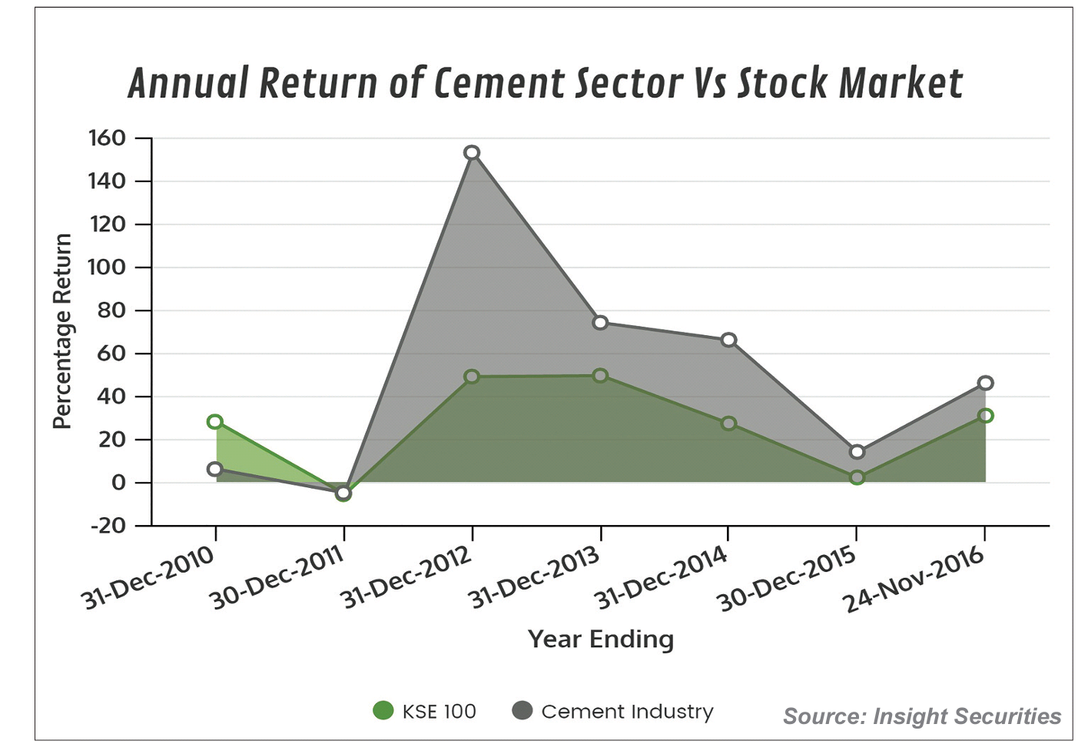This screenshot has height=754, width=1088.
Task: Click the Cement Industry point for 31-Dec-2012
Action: click(x=472, y=153)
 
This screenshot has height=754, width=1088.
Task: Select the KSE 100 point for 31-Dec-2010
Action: click(x=215, y=422)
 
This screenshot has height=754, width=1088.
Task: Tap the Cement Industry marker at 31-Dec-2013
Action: click(x=601, y=323)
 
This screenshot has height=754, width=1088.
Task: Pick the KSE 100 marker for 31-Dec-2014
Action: click(x=728, y=424)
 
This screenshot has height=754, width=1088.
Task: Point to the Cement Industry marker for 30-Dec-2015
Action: click(x=857, y=452)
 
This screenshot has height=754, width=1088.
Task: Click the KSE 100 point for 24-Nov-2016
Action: click(x=986, y=416)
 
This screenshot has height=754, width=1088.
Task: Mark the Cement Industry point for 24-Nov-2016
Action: click(x=986, y=383)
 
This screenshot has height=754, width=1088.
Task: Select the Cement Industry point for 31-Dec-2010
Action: click(x=215, y=469)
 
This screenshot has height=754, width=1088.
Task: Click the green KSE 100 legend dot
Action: click(x=383, y=711)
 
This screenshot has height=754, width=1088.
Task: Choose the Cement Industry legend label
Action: click(x=627, y=712)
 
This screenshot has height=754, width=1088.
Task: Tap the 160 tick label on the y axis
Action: click(x=107, y=138)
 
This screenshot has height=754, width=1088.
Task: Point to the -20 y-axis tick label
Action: click(x=108, y=526)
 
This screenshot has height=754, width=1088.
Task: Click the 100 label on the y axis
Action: click(x=107, y=267)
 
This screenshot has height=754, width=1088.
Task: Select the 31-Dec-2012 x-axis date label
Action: click(x=406, y=578)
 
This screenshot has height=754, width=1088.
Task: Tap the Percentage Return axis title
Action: click(x=62, y=331)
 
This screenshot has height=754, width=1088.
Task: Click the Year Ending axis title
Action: click(x=601, y=639)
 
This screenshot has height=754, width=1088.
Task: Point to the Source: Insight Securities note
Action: click(x=922, y=716)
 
